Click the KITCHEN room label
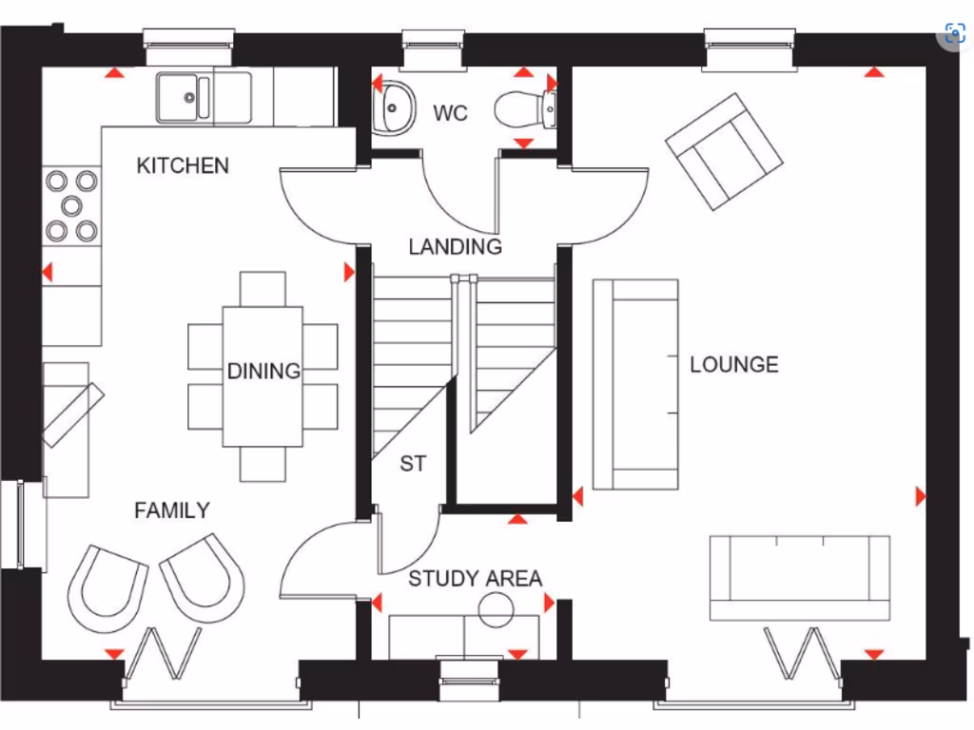tap(183, 165)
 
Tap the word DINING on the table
tap(263, 371)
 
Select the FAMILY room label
tap(171, 510)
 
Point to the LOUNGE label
tap(733, 364)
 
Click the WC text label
tap(451, 114)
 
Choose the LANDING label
tap(455, 247)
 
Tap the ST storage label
tap(413, 464)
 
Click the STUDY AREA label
tap(475, 579)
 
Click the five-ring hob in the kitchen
tap(72, 204)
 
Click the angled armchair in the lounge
tap(724, 150)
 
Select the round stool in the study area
tap(496, 609)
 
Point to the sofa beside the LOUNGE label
tap(635, 384)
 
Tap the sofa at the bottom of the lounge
tap(799, 577)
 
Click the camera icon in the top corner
tap(954, 34)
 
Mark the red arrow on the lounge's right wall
tap(920, 496)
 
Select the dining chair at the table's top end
tap(263, 288)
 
